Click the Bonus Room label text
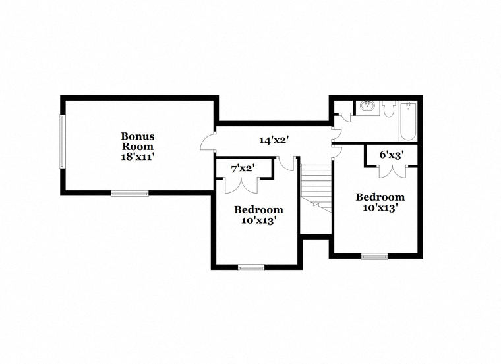pos(137,142)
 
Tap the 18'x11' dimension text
pos(138,157)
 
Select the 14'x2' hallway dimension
pos(274,140)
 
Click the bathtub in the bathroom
pos(408,121)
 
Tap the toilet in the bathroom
pos(388,109)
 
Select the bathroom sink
pos(368,105)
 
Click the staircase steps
pos(316,188)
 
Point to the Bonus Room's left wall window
pos(63,142)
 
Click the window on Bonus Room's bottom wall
pos(130,193)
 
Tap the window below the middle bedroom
pos(251,268)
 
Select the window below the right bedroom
pos(374,257)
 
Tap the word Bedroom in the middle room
pos(258,210)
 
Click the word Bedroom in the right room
pos(380,197)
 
